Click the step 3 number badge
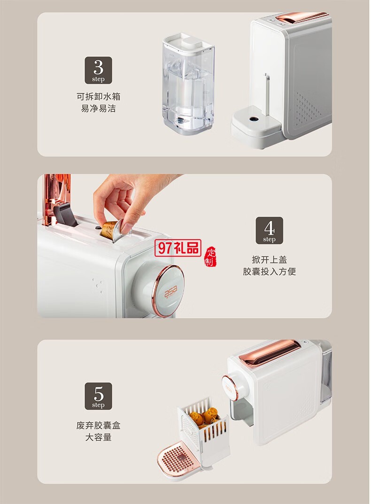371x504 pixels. point(98,70)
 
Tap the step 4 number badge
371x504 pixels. point(269,230)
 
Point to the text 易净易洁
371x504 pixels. point(98,109)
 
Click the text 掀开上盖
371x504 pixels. point(269,260)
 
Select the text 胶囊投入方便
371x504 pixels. point(269,271)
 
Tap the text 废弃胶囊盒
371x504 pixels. point(98,426)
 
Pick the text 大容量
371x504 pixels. point(98,438)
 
